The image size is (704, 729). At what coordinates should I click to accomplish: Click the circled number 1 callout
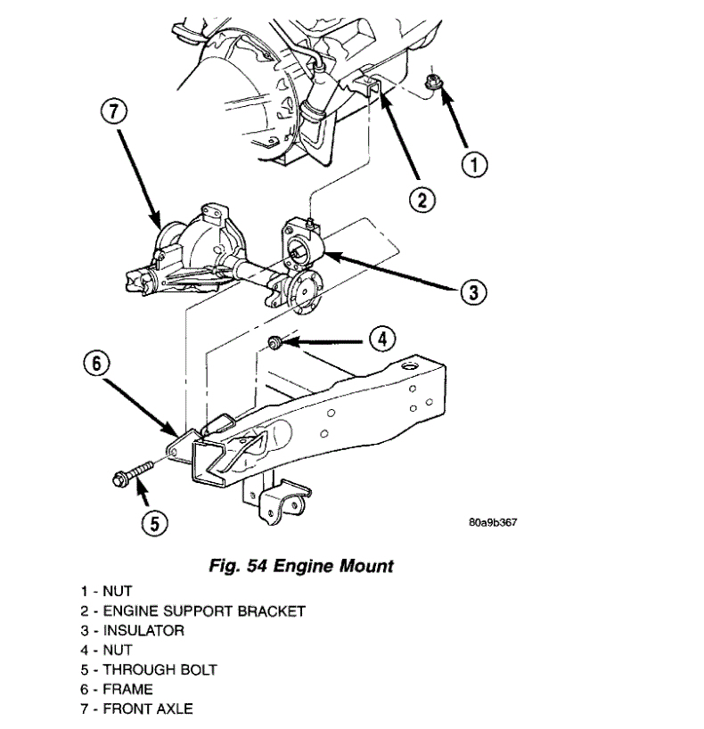[x=476, y=164]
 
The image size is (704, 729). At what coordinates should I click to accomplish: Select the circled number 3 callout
[x=474, y=291]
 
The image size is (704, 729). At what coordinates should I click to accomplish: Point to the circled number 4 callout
[x=381, y=338]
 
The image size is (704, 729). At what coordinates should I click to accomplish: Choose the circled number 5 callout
[x=153, y=523]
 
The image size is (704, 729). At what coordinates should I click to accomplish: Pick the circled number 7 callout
[x=115, y=112]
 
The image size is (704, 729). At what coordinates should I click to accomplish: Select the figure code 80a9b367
[x=492, y=522]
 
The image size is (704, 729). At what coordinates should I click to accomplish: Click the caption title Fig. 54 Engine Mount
[x=300, y=566]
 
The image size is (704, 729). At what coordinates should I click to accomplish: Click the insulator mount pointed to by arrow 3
[x=299, y=252]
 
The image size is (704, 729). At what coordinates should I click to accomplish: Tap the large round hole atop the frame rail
[x=411, y=365]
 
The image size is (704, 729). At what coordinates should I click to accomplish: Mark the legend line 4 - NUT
[x=106, y=650]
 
